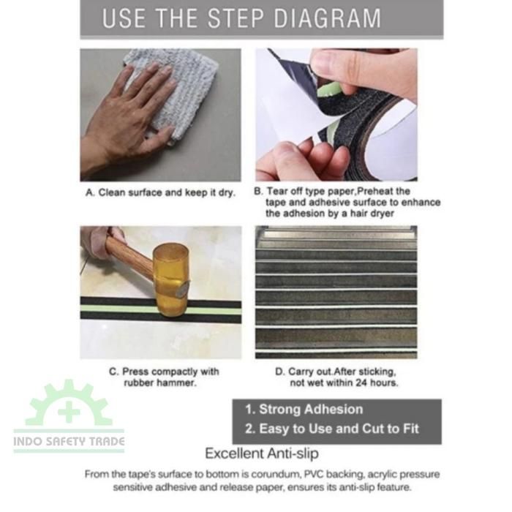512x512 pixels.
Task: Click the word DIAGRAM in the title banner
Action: [328, 18]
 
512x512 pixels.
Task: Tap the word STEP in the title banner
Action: [235, 18]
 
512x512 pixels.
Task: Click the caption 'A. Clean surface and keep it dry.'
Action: [160, 192]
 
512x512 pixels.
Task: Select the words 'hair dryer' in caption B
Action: [372, 214]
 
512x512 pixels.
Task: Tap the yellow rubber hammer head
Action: [171, 280]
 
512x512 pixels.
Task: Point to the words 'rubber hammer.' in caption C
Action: [160, 383]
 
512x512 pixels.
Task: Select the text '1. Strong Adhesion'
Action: [304, 409]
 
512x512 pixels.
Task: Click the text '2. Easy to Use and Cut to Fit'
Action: [332, 429]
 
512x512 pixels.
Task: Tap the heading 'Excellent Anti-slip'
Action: [262, 453]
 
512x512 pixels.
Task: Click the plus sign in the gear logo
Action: [69, 411]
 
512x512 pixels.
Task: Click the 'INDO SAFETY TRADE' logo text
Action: [69, 442]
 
